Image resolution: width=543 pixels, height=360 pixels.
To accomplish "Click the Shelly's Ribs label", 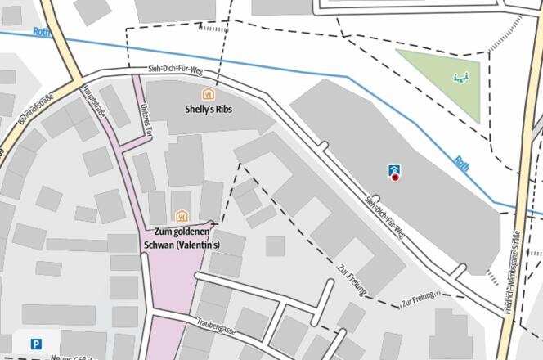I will pyautogui.click(x=209, y=110).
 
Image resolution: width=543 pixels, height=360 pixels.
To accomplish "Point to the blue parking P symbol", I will pyautogui.click(x=36, y=344).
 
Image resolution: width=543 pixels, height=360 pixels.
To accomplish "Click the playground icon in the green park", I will pyautogui.click(x=461, y=79).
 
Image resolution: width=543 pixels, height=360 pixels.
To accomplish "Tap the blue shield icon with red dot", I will pyautogui.click(x=395, y=171).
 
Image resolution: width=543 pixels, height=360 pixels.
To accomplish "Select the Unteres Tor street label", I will pyautogui.click(x=147, y=120).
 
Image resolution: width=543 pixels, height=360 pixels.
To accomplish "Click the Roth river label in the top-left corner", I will pyautogui.click(x=41, y=33).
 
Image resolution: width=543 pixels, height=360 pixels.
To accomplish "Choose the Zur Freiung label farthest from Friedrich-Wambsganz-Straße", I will pyautogui.click(x=352, y=279).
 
